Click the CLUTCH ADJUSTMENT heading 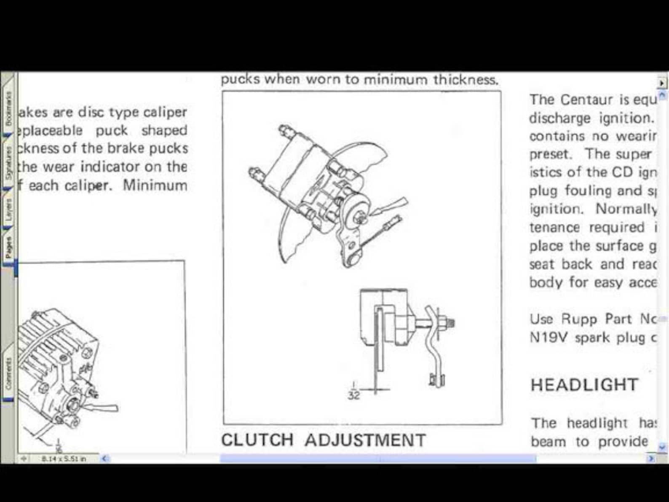click(323, 440)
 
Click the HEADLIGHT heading click(584, 385)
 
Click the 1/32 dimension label click(354, 391)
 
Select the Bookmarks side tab click(8, 109)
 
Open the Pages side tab click(8, 247)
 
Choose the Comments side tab click(8, 373)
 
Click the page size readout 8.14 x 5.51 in click(64, 458)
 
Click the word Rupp click(579, 319)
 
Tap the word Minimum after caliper click(155, 185)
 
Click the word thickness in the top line click(466, 80)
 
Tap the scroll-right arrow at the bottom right click(651, 458)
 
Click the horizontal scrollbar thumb click(378, 459)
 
